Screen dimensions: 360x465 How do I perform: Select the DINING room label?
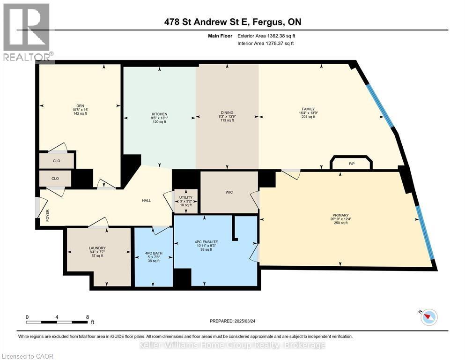click(227, 112)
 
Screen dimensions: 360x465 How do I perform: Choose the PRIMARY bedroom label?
click(340, 215)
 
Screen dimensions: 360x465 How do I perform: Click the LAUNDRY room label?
click(97, 248)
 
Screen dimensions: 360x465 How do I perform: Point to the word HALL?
click(147, 201)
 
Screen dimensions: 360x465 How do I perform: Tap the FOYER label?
click(47, 215)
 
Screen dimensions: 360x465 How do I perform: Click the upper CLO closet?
click(56, 161)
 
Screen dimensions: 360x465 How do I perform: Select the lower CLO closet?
click(55, 179)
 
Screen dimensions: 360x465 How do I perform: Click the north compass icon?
click(428, 317)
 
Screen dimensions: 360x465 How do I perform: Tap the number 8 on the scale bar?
click(87, 317)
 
